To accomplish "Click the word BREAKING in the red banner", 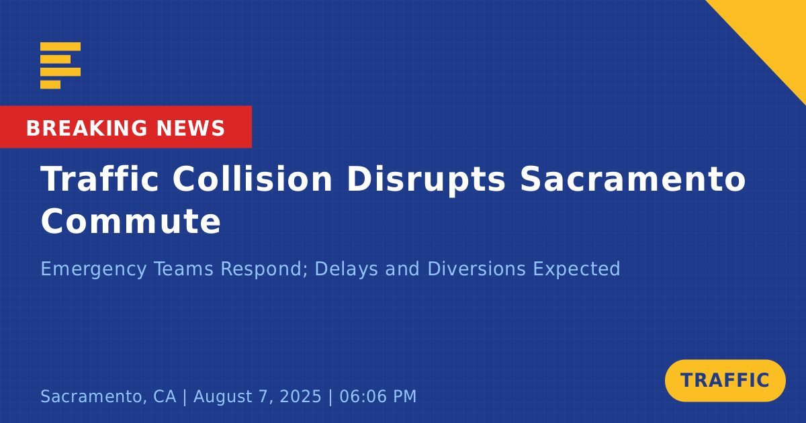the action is [87, 128].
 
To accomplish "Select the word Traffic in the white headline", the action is [99, 179].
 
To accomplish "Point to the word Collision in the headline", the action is [253, 179].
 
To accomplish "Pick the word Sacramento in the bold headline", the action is [633, 179].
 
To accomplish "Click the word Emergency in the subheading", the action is [93, 269].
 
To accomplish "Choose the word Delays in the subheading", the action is [346, 269].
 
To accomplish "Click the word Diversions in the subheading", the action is [477, 269].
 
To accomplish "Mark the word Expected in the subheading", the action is [576, 269].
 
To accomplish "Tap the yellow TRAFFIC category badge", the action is [725, 381].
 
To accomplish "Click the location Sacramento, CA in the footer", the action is [108, 396].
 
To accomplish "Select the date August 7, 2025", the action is [257, 396].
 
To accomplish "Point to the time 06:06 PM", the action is [377, 396].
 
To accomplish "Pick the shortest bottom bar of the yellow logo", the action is [50, 85].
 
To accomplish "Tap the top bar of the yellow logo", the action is [60, 46].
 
